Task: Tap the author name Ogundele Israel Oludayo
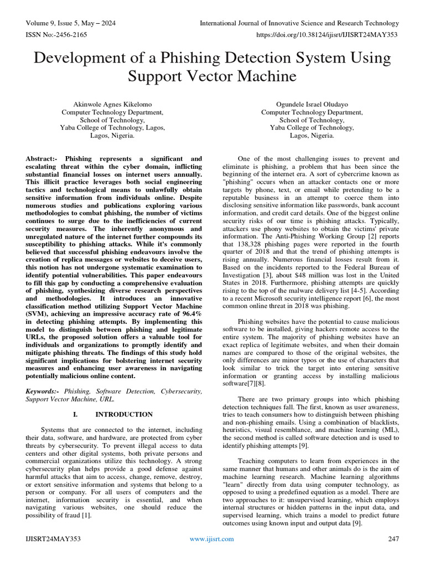312,104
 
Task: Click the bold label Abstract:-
45,158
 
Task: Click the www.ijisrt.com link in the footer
212,538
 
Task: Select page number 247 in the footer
393,538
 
